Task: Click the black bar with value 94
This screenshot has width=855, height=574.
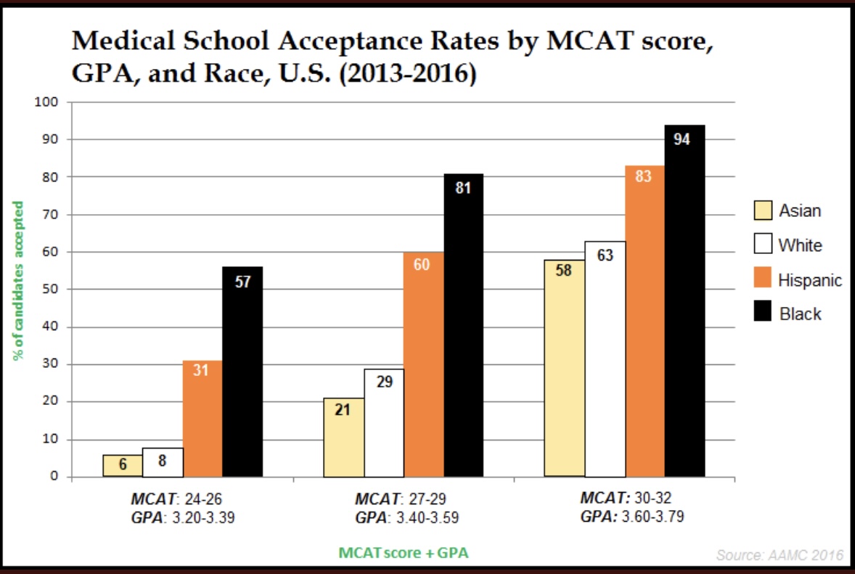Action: click(684, 301)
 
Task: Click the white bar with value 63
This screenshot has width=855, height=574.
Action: click(605, 359)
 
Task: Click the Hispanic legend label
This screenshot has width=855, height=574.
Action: click(810, 280)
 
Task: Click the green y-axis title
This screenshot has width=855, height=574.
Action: click(19, 279)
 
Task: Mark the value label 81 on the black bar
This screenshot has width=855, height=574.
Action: click(463, 189)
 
